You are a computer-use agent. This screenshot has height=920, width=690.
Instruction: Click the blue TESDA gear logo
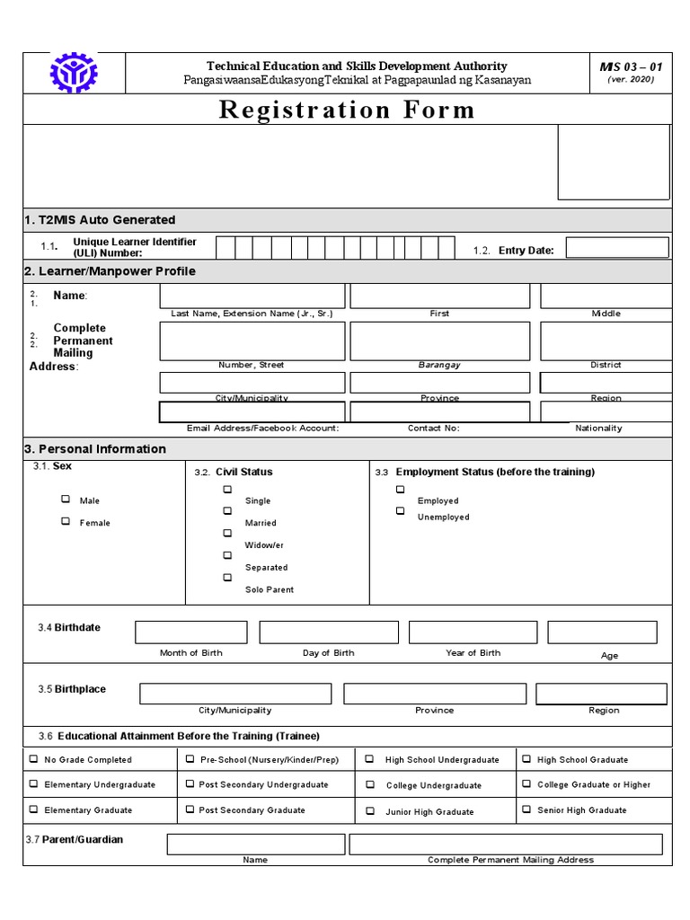click(73, 74)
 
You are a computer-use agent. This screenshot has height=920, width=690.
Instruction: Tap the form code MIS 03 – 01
click(631, 66)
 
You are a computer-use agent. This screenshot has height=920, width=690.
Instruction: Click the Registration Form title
click(346, 110)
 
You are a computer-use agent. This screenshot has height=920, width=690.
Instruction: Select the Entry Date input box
click(616, 248)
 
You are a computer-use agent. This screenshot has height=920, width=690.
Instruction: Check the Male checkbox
click(66, 500)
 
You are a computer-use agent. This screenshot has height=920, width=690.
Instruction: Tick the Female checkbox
click(66, 521)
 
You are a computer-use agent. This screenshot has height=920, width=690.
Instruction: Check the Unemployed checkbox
click(401, 511)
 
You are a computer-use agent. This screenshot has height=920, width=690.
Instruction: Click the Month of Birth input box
click(190, 632)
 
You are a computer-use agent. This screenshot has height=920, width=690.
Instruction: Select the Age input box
click(602, 632)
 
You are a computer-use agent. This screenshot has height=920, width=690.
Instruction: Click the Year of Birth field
click(473, 632)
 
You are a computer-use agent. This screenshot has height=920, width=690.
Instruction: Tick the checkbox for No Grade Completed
click(34, 759)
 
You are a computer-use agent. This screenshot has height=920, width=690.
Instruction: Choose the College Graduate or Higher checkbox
click(527, 783)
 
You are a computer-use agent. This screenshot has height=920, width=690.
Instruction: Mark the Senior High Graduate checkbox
click(527, 809)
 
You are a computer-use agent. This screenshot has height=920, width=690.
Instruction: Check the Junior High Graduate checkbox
click(369, 810)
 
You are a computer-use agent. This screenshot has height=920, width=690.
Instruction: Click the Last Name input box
click(252, 296)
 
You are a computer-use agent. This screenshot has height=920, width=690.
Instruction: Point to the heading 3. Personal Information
click(95, 448)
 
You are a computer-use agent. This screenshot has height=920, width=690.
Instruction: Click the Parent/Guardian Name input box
click(255, 844)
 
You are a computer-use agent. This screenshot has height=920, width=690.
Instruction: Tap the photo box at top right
click(614, 162)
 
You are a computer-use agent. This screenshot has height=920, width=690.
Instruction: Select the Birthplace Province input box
click(435, 694)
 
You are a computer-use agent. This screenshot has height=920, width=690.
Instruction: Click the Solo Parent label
click(270, 589)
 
